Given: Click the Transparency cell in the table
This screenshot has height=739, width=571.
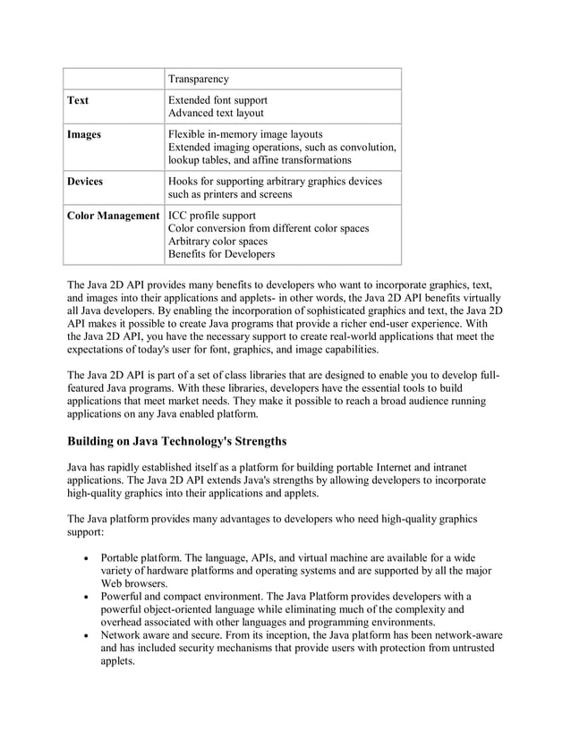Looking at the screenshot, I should (x=199, y=79).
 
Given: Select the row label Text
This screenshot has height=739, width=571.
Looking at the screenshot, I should (x=78, y=100).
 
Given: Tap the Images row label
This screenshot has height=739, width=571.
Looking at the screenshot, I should (x=84, y=134).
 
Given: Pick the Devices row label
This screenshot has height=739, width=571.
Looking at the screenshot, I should (x=86, y=181).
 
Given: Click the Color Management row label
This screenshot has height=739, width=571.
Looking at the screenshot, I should (x=114, y=216).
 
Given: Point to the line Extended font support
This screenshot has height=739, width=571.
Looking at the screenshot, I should (x=217, y=100).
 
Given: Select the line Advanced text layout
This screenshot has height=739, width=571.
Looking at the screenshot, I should (x=216, y=114).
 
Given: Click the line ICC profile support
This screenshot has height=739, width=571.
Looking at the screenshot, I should (x=212, y=216).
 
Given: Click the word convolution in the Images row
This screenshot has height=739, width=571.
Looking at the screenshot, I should (x=363, y=147).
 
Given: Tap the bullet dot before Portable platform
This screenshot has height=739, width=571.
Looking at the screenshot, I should (x=84, y=556).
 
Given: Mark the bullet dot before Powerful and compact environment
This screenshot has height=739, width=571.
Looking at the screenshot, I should (x=84, y=596).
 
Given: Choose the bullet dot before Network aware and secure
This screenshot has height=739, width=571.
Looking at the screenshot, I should (x=84, y=635).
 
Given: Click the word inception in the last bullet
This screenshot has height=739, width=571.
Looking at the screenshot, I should (x=289, y=635).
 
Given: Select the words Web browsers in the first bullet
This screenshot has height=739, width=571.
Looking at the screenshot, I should (x=134, y=582).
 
